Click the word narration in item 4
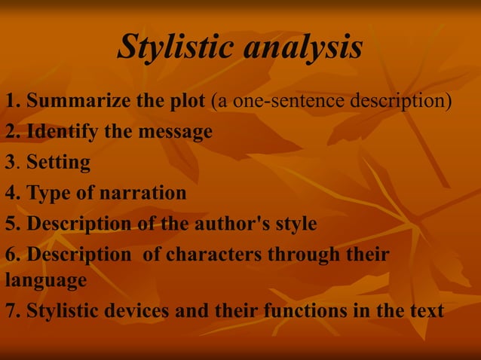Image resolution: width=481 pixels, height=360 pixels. [x=138, y=193]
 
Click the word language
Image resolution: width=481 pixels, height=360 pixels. [x=45, y=281]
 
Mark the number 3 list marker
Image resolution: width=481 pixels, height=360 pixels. [x=10, y=162]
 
